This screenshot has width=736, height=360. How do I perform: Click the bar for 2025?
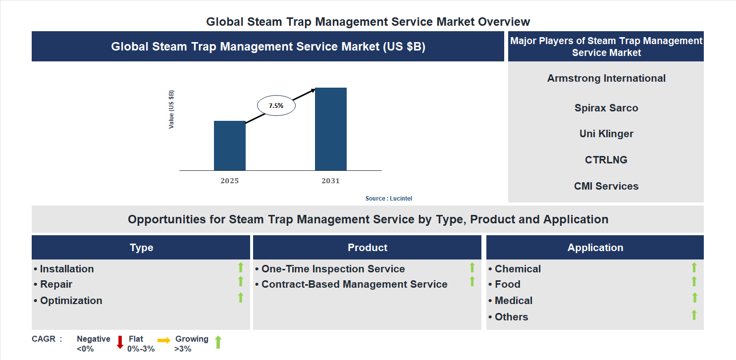pos(229,146)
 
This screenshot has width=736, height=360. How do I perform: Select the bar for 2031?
pos(330,129)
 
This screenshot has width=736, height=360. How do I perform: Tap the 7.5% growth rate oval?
pos(276,105)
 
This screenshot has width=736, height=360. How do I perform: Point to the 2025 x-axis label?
pos(229,181)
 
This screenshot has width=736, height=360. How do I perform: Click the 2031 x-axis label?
pos(330,181)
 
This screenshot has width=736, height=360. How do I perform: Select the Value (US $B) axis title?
pos(171,109)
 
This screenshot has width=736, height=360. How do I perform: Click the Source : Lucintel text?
pos(388,198)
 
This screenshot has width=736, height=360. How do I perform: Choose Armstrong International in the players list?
pos(606,78)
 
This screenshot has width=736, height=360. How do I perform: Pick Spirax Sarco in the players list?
pos(606,108)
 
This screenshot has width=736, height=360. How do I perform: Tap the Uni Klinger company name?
pos(606,134)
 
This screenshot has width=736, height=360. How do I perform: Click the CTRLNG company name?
pos(606,160)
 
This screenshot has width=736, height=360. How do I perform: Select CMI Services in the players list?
pos(606,186)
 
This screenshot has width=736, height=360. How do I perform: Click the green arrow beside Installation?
pos(241,268)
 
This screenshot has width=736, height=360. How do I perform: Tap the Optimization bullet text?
pos(71,301)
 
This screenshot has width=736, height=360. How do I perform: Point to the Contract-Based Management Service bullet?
pos(354,284)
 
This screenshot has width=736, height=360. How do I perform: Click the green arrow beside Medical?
pos(694,298)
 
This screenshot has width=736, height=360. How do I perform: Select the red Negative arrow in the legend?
pos(120,342)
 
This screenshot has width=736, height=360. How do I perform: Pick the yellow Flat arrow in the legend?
pos(164,340)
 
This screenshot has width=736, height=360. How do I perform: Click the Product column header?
pos(367,248)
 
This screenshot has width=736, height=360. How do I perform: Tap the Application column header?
pos(595,248)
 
